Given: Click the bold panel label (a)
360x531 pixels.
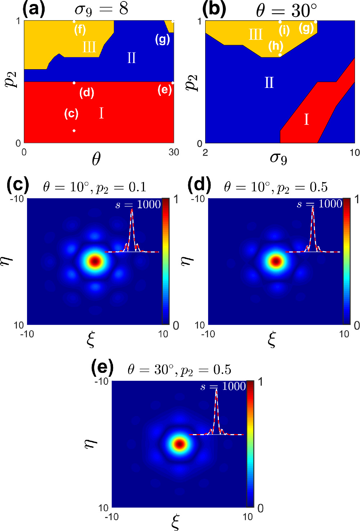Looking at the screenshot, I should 34,9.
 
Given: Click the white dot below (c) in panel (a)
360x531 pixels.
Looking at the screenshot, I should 74,130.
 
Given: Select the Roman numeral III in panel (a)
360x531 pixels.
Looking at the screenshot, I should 89,47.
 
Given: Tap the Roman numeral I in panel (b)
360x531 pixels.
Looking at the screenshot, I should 306,119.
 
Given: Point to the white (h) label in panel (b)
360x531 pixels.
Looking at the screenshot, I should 276,46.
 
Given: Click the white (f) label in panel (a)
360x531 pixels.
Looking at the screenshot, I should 80,29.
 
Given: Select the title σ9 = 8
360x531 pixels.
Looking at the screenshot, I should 101,9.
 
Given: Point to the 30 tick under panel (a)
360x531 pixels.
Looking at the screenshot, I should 174,152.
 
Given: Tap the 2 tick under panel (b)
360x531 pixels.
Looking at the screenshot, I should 205,153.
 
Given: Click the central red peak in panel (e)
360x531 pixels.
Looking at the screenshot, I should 179,444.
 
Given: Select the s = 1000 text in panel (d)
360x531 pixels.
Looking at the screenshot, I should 319,204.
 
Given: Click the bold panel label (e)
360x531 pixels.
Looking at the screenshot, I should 102,367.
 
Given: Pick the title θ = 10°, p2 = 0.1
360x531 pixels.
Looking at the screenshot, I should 94,187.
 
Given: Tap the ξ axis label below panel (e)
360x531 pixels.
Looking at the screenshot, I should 175,522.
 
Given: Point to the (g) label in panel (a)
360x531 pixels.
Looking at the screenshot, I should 162,39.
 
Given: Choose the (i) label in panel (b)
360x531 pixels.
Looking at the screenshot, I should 284,30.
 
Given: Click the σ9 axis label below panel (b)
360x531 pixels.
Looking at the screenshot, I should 279,157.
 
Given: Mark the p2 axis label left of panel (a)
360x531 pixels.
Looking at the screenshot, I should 11,80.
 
